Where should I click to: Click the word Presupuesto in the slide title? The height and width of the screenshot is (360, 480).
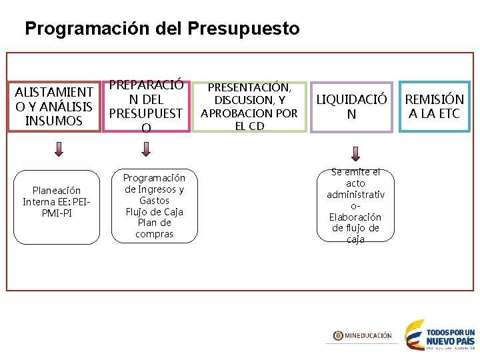coord(244,29)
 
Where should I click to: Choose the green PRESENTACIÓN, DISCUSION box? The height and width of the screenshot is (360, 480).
coord(250,107)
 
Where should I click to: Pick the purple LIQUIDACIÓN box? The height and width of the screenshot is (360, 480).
coord(351,107)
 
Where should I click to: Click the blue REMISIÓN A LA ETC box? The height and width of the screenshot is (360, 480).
coord(435,107)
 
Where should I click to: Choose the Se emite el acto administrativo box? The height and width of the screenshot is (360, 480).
coord(355,206)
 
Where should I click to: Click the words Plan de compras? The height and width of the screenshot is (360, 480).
coord(155,229)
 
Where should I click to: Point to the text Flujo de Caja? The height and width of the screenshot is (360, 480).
coord(155,212)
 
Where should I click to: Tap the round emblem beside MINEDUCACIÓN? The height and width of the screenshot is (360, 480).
coord(338,336)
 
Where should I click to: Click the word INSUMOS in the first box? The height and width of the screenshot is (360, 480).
coord(53,121)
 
